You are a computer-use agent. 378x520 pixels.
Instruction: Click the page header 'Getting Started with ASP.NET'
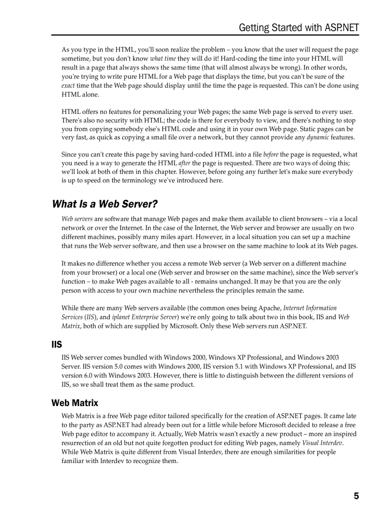299,28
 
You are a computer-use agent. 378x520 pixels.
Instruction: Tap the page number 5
356,496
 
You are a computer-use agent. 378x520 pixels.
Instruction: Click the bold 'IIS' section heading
57,345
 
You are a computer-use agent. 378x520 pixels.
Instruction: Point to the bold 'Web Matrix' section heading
75,403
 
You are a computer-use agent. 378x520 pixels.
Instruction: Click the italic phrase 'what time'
163,59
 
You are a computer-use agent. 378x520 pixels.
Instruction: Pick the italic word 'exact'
68,86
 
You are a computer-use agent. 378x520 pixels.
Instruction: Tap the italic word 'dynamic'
318,137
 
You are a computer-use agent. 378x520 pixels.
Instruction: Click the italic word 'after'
184,163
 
